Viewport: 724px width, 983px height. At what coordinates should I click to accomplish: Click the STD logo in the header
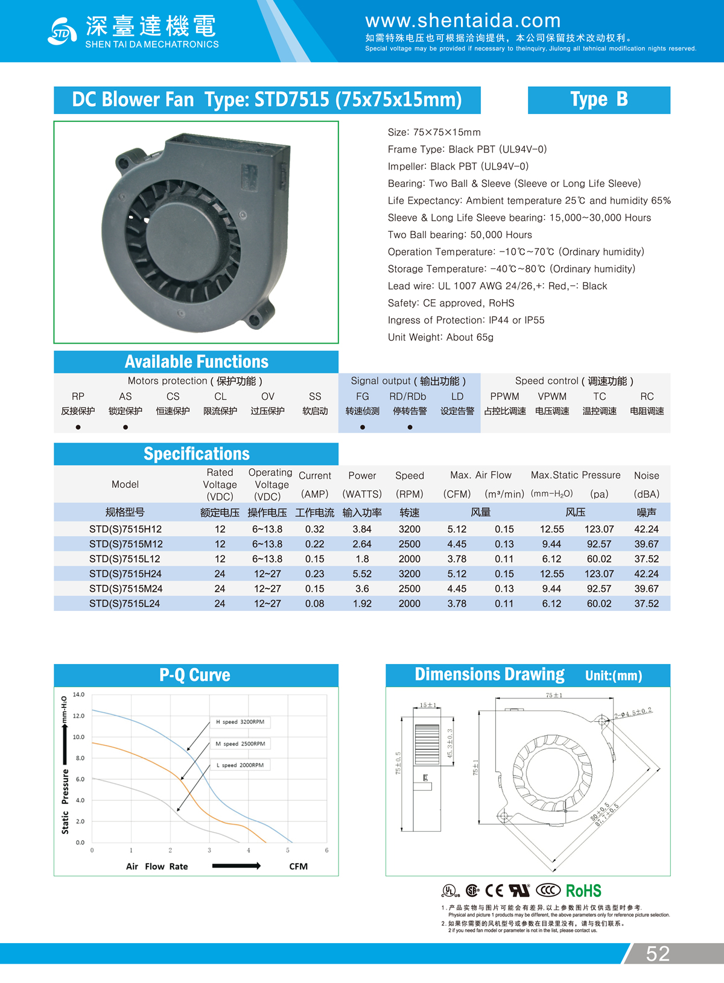tap(62, 31)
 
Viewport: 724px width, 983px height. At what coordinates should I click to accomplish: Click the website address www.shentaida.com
tap(463, 21)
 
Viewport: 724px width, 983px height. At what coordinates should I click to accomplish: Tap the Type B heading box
tap(599, 100)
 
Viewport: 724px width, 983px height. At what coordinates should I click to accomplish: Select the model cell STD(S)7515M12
tap(125, 544)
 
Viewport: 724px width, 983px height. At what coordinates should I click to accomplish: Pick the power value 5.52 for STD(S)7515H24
tap(362, 574)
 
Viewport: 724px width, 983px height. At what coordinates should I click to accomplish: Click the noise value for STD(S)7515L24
tap(646, 603)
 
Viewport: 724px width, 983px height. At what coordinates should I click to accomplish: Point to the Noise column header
tap(646, 476)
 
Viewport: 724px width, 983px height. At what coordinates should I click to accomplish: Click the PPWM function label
tap(504, 396)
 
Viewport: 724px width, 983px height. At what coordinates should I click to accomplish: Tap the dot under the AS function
tap(125, 427)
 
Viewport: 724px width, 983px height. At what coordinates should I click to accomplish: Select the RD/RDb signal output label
tap(408, 396)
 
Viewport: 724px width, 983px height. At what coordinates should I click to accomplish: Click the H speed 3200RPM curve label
tap(240, 722)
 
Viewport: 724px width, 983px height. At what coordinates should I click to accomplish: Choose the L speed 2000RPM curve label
tap(240, 765)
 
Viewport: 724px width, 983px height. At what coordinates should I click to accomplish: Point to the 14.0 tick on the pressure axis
tap(79, 695)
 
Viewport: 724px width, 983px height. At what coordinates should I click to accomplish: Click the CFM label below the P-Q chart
tap(298, 867)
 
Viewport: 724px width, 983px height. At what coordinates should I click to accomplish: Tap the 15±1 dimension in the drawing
tap(428, 705)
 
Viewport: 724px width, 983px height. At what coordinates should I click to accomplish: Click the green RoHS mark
tap(583, 891)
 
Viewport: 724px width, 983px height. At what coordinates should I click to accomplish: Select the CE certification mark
tap(494, 891)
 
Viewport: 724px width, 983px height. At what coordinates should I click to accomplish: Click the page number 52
tap(658, 953)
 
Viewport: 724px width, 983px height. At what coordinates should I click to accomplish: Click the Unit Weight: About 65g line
tap(440, 337)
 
